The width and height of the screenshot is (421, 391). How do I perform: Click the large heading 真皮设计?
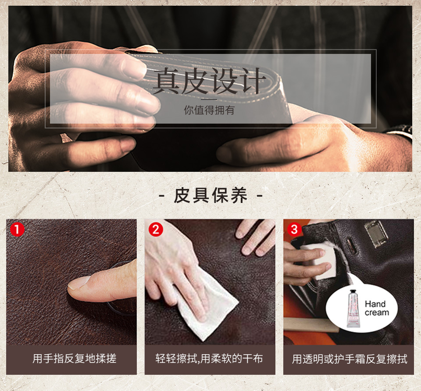click(x=209, y=81)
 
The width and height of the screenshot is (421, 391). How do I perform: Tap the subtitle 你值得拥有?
click(x=209, y=110)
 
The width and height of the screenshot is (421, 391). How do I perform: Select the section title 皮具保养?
click(x=210, y=195)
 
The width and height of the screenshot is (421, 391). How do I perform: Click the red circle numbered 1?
click(x=17, y=229)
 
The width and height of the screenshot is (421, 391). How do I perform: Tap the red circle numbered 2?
click(x=156, y=229)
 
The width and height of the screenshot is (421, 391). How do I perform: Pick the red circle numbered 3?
click(x=294, y=229)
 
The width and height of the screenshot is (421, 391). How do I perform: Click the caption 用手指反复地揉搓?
click(x=74, y=359)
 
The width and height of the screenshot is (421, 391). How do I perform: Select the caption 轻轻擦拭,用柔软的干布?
click(x=209, y=359)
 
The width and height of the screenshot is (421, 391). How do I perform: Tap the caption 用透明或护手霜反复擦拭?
click(x=350, y=359)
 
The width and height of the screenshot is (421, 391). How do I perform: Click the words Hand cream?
click(x=376, y=308)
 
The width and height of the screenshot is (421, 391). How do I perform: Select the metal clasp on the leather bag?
click(x=376, y=233)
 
